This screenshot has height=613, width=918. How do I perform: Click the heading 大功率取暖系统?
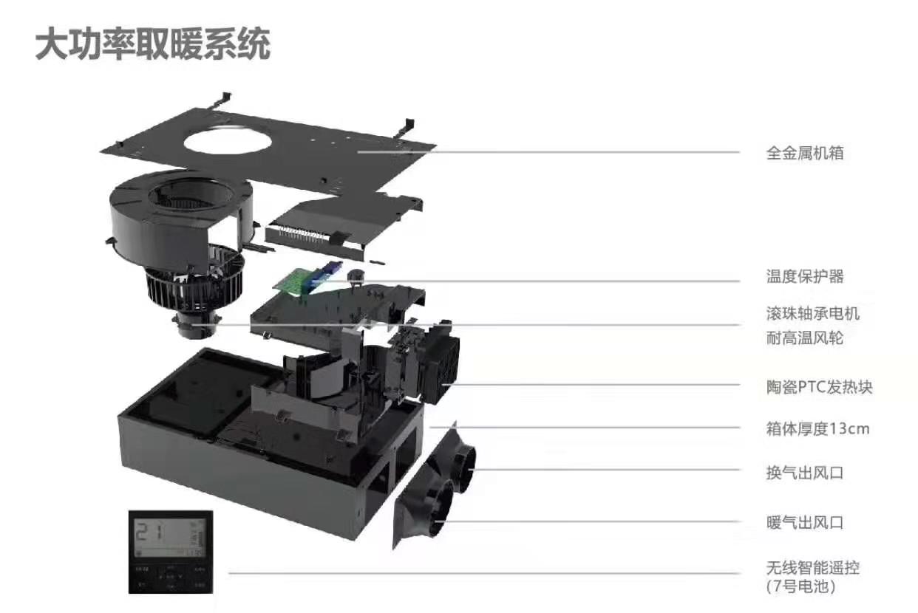pos(153,44)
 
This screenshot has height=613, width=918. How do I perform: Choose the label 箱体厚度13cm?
pos(817,428)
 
